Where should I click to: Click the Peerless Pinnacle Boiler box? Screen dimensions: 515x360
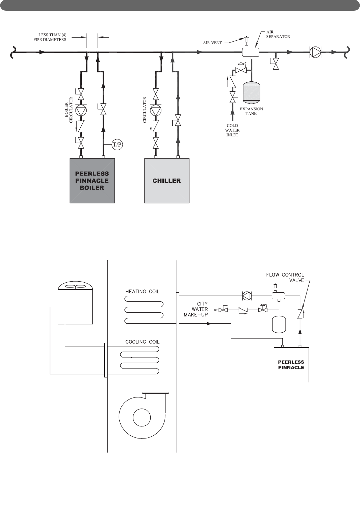[x=92, y=180]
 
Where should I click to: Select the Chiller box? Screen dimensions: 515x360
[x=167, y=180]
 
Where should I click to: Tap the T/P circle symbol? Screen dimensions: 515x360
[x=117, y=144]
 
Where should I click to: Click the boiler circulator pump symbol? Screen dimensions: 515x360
[x=81, y=111]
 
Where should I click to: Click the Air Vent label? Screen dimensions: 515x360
[x=212, y=43]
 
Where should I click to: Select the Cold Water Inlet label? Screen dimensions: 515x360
[x=232, y=130]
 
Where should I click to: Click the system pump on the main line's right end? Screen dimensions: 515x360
[x=315, y=52]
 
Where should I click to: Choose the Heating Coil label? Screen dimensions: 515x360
[x=142, y=292]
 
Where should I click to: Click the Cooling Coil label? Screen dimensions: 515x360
[x=142, y=342]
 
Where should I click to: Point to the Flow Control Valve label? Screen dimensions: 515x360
[x=285, y=277]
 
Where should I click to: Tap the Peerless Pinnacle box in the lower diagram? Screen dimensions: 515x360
[x=291, y=365]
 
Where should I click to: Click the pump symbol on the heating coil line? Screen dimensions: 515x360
[x=247, y=295]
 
